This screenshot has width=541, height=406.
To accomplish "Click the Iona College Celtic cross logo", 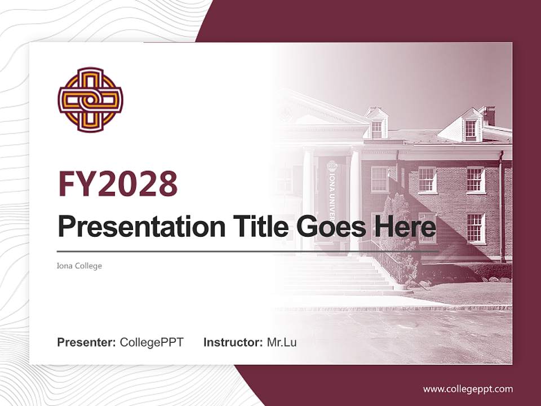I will pos(90,100).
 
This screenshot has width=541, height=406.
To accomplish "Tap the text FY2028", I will pos(118,184).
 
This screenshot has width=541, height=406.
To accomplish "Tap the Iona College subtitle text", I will pos(79,266).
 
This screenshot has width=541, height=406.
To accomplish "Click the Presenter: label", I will pos(87,342).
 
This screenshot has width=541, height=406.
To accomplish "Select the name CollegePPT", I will pos(152,342).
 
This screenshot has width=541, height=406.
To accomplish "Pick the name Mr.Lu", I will pos(282,342).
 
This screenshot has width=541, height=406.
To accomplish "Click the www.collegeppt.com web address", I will pos(468,389).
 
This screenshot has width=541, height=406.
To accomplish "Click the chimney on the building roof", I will pos(488,115).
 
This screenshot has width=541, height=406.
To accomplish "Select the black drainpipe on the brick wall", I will pos(502,209).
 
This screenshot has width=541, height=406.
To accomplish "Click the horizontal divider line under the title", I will pos(248,251).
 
